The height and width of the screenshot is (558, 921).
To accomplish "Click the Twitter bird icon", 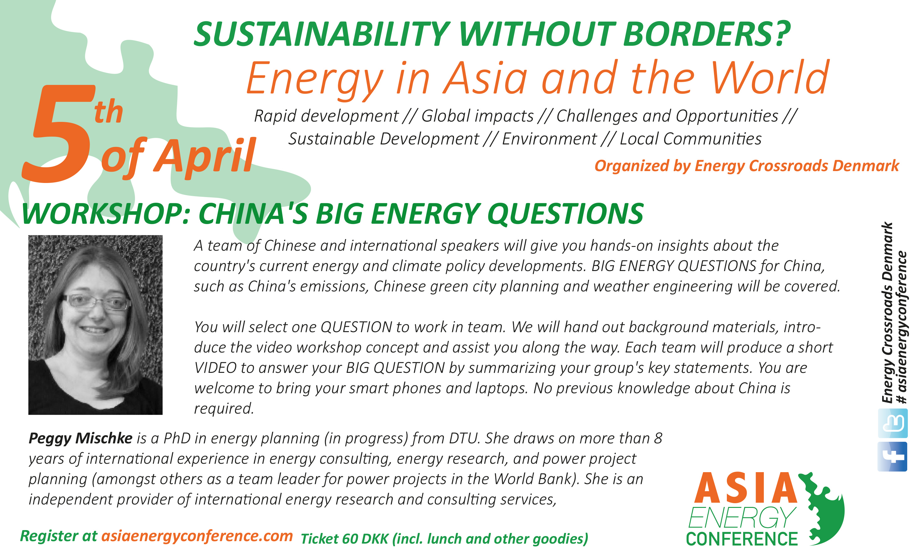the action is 893,423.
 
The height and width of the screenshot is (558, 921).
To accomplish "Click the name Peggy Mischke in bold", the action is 80,438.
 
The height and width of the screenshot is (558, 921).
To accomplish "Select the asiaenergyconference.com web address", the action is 197,536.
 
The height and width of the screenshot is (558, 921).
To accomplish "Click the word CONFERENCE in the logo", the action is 742,539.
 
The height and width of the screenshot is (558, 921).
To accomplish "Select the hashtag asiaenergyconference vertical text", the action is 902,327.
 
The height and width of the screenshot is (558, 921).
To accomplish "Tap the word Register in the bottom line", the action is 49,536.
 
